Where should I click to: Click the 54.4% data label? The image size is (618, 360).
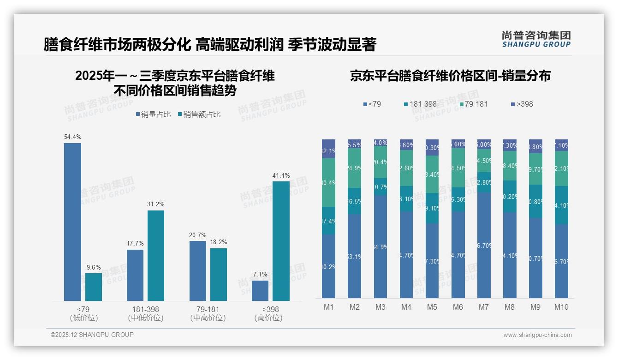click(x=72, y=137)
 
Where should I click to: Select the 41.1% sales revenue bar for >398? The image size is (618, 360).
click(x=281, y=241)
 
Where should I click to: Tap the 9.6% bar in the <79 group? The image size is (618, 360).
click(x=94, y=287)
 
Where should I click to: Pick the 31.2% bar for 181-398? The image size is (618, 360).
click(x=156, y=256)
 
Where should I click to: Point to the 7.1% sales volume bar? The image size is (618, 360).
click(x=260, y=291)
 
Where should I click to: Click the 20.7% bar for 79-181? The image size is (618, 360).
click(x=198, y=271)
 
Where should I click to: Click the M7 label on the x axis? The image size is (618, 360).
click(x=484, y=307)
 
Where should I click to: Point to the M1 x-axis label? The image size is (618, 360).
click(x=328, y=307)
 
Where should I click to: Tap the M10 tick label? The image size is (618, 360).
click(x=561, y=307)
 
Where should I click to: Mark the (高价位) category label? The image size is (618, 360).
click(x=268, y=318)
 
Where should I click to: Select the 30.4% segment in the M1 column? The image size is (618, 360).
click(x=328, y=183)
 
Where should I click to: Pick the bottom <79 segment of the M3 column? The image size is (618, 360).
click(x=380, y=246)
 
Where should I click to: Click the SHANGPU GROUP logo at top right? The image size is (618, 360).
click(x=536, y=39)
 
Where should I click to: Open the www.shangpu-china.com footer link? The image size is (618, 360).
click(x=537, y=335)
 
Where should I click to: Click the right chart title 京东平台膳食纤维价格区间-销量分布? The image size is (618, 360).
click(x=450, y=76)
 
